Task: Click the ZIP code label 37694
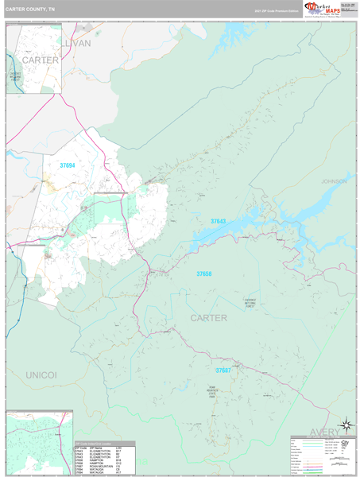[x=68, y=165]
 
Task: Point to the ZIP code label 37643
[x=218, y=221]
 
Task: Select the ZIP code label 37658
[x=204, y=273]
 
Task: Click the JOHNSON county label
[x=334, y=181]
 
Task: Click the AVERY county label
[x=338, y=432]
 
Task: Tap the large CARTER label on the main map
[x=208, y=317]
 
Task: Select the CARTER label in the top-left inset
[x=40, y=60]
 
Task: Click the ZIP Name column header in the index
[x=95, y=448]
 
